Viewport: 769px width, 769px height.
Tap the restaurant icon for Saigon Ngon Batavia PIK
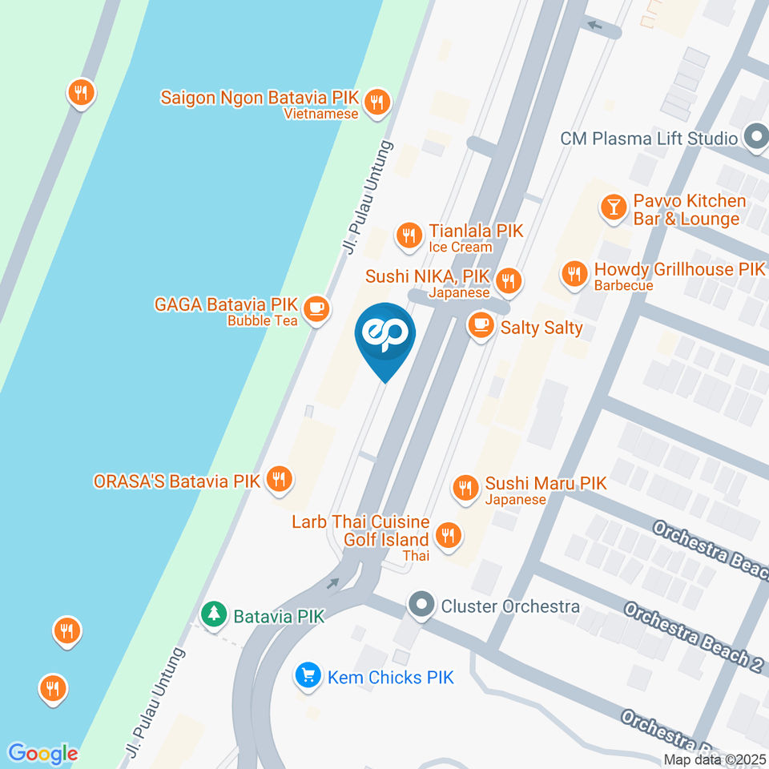click(x=376, y=102)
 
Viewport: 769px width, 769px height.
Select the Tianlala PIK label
click(x=476, y=231)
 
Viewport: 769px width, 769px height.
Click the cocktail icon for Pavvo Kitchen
click(x=613, y=207)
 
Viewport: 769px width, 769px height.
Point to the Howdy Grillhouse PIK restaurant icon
click(x=574, y=274)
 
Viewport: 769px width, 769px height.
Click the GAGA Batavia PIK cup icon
click(x=317, y=306)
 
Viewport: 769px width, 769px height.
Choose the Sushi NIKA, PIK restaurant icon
click(x=508, y=281)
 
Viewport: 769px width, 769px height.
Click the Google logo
click(x=42, y=753)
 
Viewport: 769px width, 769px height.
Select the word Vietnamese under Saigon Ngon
click(x=320, y=114)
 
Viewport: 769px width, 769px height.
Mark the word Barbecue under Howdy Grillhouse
click(x=624, y=285)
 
